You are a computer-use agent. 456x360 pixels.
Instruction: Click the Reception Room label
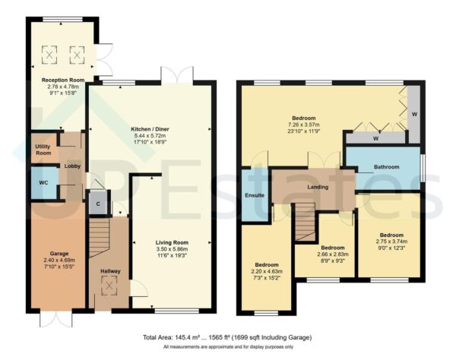pos(61,78)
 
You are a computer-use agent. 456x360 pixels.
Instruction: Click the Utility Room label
pos(43,150)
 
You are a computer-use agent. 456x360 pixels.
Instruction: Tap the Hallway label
pos(109,270)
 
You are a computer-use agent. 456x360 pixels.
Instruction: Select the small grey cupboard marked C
pos(97,204)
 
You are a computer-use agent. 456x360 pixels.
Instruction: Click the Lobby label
pos(73,166)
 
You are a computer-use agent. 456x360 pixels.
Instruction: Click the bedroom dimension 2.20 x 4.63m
pos(267,271)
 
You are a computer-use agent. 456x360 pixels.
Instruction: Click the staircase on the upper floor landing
pos(304,222)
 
